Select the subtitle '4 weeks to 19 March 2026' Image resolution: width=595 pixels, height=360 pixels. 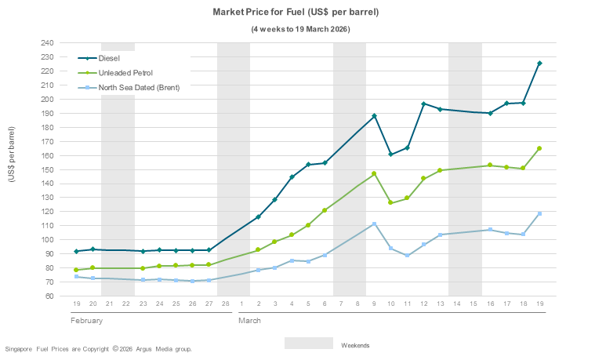(x=300, y=29)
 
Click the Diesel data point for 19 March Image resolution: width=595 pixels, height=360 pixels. (x=539, y=64)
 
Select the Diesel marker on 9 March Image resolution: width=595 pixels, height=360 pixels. (x=374, y=116)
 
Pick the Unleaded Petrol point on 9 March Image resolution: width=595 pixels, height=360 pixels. (x=374, y=173)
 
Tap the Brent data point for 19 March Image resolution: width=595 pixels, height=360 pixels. (x=539, y=213)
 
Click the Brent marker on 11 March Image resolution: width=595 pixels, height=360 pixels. (x=407, y=256)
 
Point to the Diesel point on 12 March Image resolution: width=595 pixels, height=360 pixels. (x=423, y=104)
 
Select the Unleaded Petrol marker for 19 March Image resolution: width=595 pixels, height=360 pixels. (x=539, y=148)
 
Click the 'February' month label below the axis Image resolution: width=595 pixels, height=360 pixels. (x=86, y=322)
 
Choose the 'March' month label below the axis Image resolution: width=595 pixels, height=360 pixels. (x=249, y=322)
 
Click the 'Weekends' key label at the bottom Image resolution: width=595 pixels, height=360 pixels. (x=355, y=345)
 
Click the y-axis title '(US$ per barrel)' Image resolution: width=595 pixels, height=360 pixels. (x=12, y=155)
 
